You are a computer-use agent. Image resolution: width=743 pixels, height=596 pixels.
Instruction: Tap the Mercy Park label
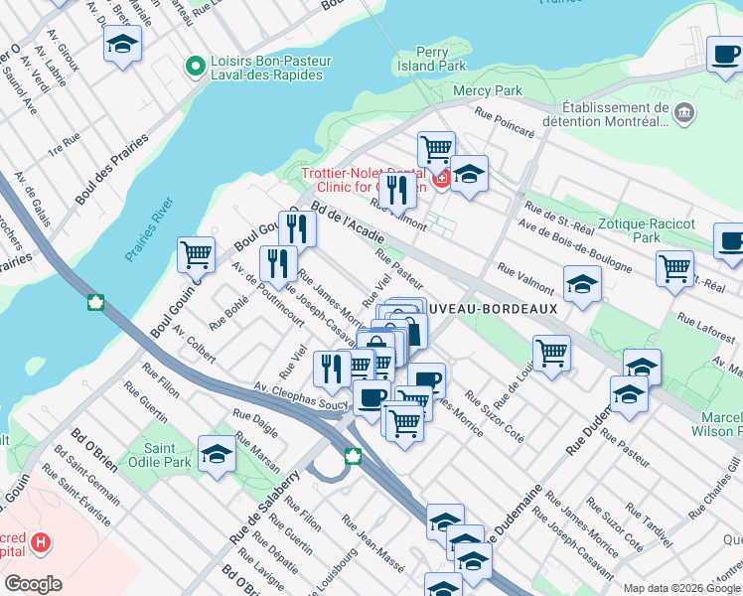(487, 90)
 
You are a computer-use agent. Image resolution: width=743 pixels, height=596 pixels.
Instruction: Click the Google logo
(33, 583)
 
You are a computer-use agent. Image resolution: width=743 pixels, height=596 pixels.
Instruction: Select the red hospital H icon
(40, 542)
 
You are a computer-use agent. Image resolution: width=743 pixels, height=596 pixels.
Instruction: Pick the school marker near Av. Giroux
(122, 45)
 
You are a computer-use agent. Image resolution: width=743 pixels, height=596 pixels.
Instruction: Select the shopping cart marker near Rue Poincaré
(435, 149)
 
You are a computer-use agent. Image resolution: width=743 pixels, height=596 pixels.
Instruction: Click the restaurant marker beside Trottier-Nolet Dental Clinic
(397, 189)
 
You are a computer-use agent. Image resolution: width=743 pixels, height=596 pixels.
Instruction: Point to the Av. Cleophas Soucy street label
(301, 396)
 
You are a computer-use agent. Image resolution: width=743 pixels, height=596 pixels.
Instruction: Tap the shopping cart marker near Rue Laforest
(674, 268)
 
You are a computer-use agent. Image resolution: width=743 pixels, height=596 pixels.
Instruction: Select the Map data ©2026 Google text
(680, 588)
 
